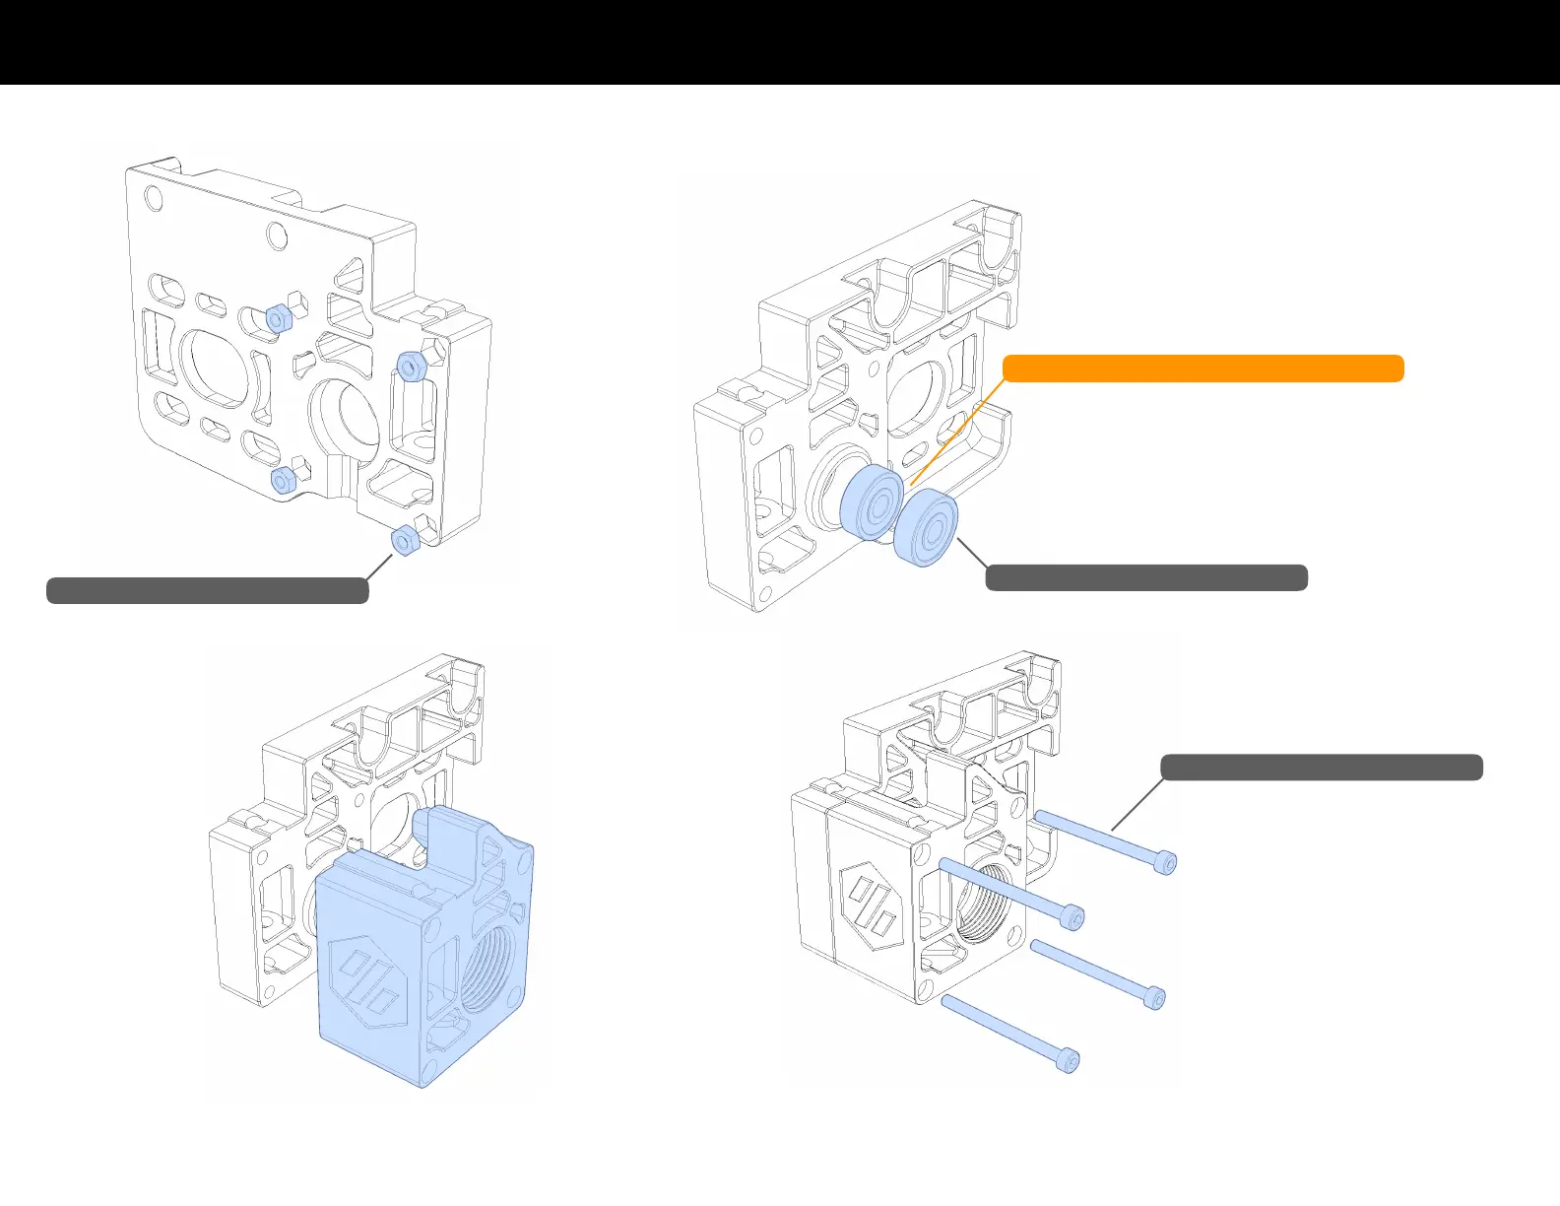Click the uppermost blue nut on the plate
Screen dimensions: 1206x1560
point(278,318)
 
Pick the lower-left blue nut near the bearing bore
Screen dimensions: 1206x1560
point(283,480)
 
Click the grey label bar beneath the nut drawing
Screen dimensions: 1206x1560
point(208,590)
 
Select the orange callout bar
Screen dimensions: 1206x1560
point(1202,368)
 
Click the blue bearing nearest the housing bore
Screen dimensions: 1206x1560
point(872,502)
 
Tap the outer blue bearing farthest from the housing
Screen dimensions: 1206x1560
point(927,529)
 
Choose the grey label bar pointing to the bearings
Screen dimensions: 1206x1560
point(1146,577)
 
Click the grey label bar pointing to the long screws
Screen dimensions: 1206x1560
point(1322,768)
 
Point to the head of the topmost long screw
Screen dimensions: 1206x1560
point(1165,863)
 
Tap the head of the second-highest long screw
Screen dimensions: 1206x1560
point(1072,917)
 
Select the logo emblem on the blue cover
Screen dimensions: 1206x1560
point(369,981)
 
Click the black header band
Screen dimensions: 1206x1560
point(780,41)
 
